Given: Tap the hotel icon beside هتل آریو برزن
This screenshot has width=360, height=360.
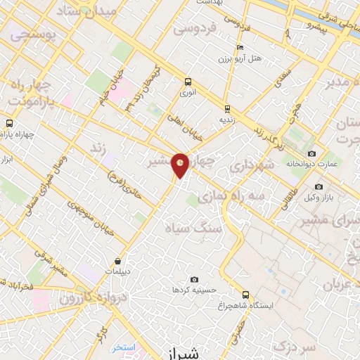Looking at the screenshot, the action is pos(240,48).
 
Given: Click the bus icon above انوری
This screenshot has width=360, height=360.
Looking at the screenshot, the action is pos(187,81).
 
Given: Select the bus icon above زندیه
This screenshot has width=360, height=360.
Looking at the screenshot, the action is pos(226,108).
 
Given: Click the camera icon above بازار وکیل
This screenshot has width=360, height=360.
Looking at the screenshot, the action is pos(319,187).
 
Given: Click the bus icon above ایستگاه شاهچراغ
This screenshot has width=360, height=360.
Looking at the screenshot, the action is pos(245,295).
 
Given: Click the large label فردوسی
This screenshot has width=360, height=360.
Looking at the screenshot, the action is pos(193,29).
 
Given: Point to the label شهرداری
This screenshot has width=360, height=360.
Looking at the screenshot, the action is pos(245,166).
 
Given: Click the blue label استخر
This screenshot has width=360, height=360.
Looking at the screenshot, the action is pos(123,348).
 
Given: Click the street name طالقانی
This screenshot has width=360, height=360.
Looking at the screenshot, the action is pos(289,186).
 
